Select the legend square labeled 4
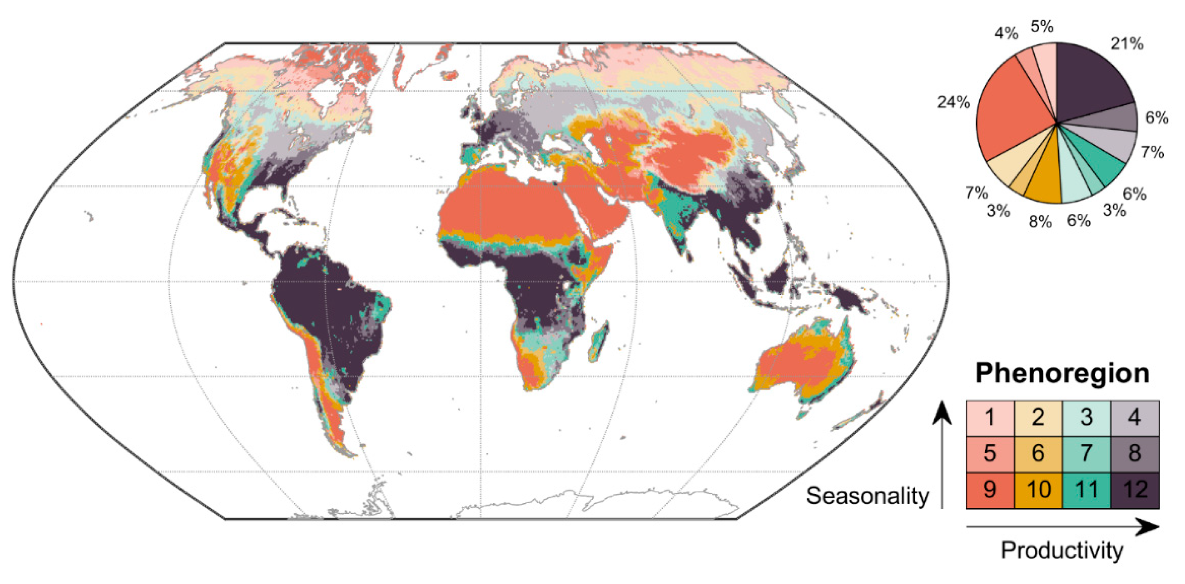pos(1135,418)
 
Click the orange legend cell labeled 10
pos(1038,490)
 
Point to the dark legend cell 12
pos(1135,490)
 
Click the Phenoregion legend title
pos(1062,373)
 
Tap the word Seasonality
pos(868,496)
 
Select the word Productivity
pos(1062,550)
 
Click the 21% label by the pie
pos(1127,44)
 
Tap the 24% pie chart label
pos(954,102)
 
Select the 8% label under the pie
pos(1041,222)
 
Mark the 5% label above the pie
pos(1042,27)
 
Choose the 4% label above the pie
pos(1006,34)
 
